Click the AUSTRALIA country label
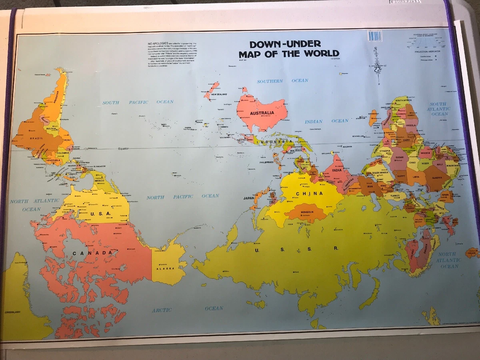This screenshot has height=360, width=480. tap(262, 113)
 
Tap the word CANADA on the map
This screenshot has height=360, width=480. tap(92, 253)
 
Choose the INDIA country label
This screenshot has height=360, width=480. tap(337, 170)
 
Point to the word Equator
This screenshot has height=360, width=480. tap(124, 149)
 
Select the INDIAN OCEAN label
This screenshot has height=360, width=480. tap(326, 121)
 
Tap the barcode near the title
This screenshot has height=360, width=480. tap(375, 36)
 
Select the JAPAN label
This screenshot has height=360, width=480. tap(249, 198)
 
